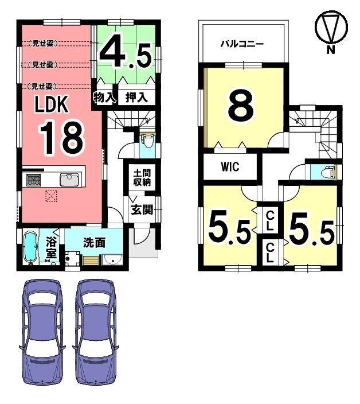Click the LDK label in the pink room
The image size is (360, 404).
tap(52, 104)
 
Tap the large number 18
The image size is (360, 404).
tap(61, 138)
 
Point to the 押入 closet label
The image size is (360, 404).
tap(136, 98)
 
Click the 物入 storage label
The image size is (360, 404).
tap(104, 98)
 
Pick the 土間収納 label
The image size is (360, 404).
tap(142, 177)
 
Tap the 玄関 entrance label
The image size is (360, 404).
tap(142, 209)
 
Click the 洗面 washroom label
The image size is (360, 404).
tap(94, 242)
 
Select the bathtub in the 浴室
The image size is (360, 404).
tap(31, 247)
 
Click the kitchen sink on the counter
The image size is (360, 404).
tap(69, 180)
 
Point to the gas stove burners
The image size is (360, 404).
tap(34, 180)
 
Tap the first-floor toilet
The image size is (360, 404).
tap(146, 141)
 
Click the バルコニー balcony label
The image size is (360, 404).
tap(242, 44)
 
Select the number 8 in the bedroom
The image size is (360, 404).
tap(241, 106)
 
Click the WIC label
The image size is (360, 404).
tap(230, 166)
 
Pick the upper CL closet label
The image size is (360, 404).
tap(269, 220)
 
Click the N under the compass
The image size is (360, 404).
tap(331, 49)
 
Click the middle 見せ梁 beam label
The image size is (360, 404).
tap(43, 65)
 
